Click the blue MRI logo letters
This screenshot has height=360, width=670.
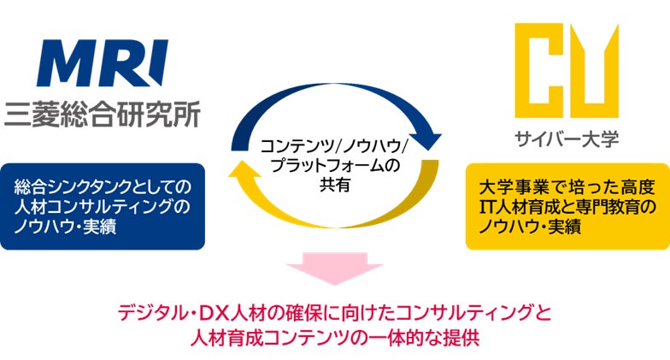[103, 63]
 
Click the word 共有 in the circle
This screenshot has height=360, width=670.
[335, 184]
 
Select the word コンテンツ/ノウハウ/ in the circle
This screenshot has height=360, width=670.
[335, 145]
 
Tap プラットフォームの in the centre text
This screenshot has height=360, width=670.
[335, 165]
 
